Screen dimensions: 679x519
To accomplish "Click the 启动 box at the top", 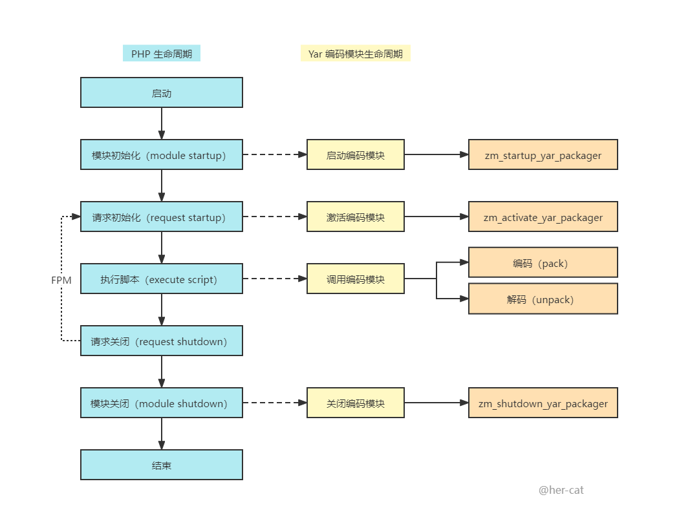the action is [162, 92].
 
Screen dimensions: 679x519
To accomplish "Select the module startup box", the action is [162, 154].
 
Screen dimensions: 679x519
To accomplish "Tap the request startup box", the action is [162, 217].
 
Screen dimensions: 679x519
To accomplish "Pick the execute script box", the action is [162, 279].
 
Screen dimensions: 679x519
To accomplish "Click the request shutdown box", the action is [162, 341].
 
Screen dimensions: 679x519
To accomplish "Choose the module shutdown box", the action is [162, 403].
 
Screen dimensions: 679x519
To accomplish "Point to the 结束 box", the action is [162, 465].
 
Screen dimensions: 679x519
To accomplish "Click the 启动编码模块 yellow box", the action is [356, 154].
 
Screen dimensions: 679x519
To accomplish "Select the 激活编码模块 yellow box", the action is [356, 217].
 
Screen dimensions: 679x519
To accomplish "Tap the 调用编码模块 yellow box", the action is [356, 279].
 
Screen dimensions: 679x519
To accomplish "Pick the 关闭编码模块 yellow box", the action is [356, 403].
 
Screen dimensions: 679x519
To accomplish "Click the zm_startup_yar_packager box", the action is [543, 154].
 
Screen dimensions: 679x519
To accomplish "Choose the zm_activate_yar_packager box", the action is [543, 217].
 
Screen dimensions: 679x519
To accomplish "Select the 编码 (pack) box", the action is [543, 262].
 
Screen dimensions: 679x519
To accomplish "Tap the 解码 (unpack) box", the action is [543, 299].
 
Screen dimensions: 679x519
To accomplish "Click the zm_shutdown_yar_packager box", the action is [543, 403].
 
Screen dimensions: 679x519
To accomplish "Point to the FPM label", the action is [61, 281].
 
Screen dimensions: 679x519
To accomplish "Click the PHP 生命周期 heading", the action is [162, 53].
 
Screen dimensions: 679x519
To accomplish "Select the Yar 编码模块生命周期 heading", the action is [356, 53].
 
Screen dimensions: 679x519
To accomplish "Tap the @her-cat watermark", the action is [561, 490].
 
